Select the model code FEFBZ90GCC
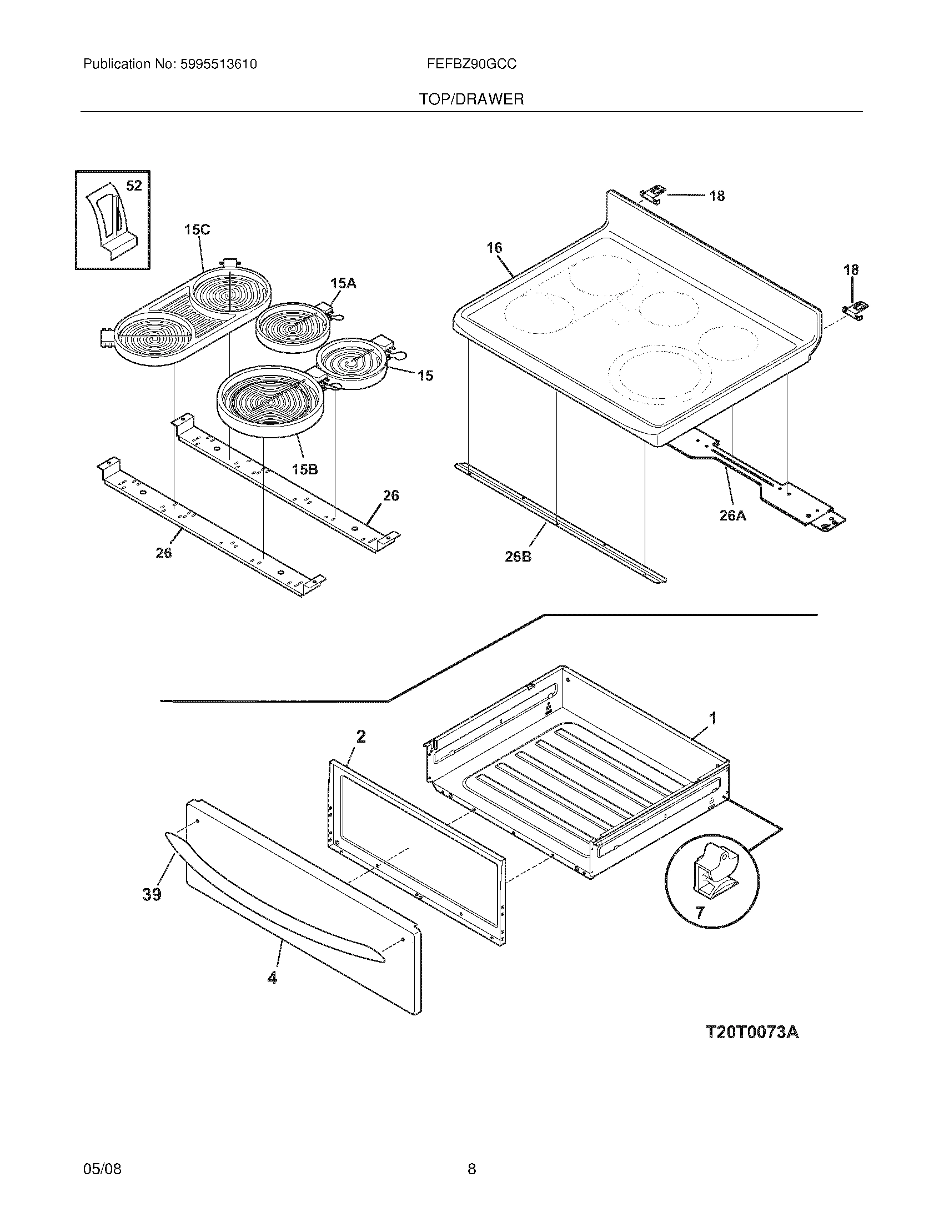471,64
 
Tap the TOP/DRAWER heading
471,99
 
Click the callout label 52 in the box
134,186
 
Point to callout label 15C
197,229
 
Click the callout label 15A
343,284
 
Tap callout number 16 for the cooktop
494,247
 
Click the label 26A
732,515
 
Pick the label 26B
518,557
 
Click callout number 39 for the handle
152,894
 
